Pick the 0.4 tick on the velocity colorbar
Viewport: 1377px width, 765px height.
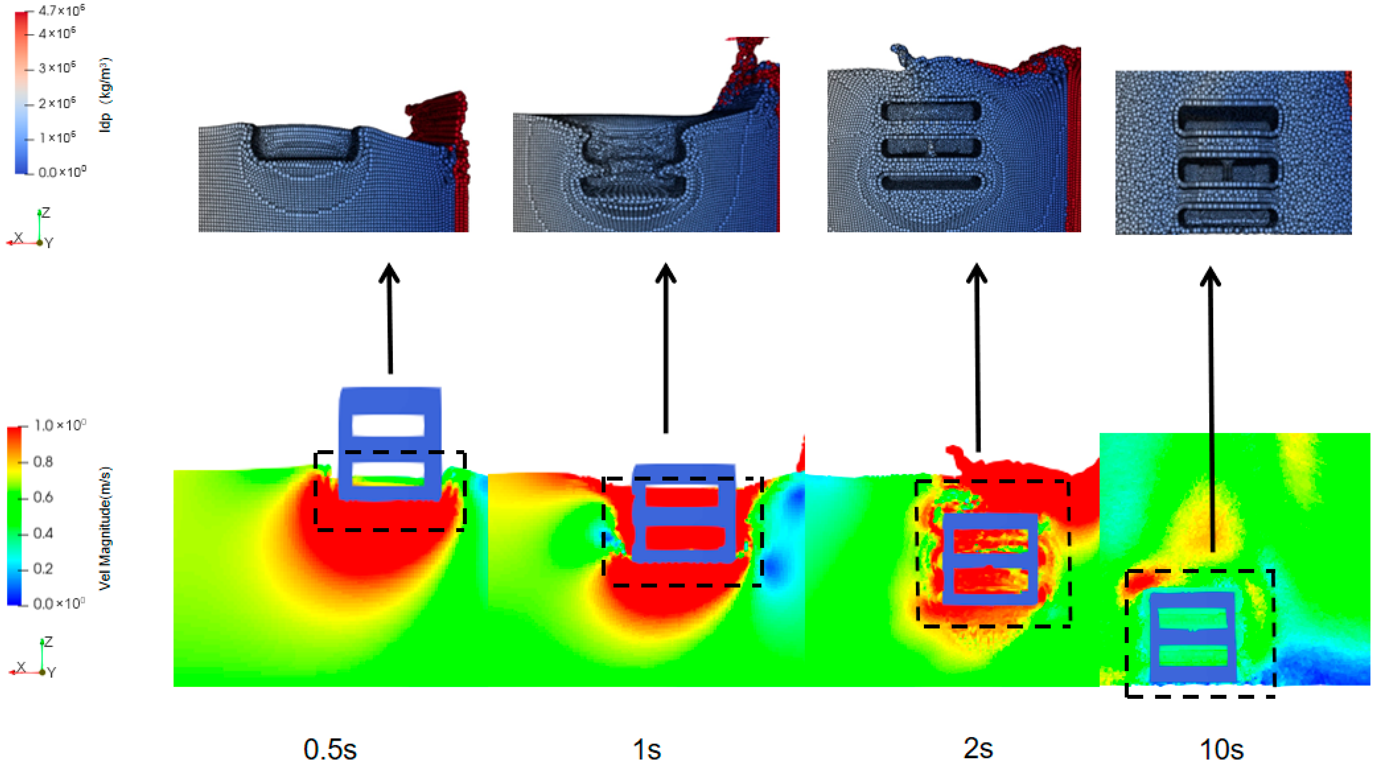tap(43, 533)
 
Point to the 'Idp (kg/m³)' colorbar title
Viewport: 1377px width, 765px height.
tap(105, 95)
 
